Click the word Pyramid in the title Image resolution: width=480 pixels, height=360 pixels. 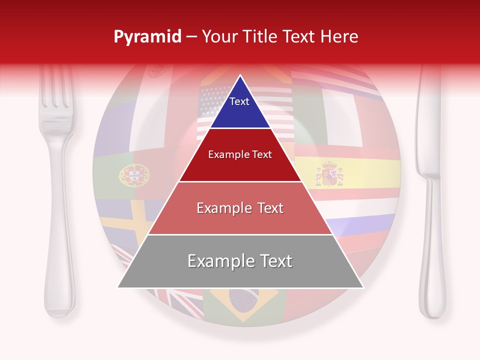[x=147, y=37]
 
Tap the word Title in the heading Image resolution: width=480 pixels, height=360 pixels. [x=261, y=37]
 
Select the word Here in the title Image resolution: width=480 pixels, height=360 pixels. [x=339, y=37]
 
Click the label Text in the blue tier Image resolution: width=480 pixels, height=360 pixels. [x=239, y=101]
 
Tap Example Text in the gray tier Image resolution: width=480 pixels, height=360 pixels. [x=240, y=261]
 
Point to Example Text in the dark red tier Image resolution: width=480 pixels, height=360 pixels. [x=240, y=154]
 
